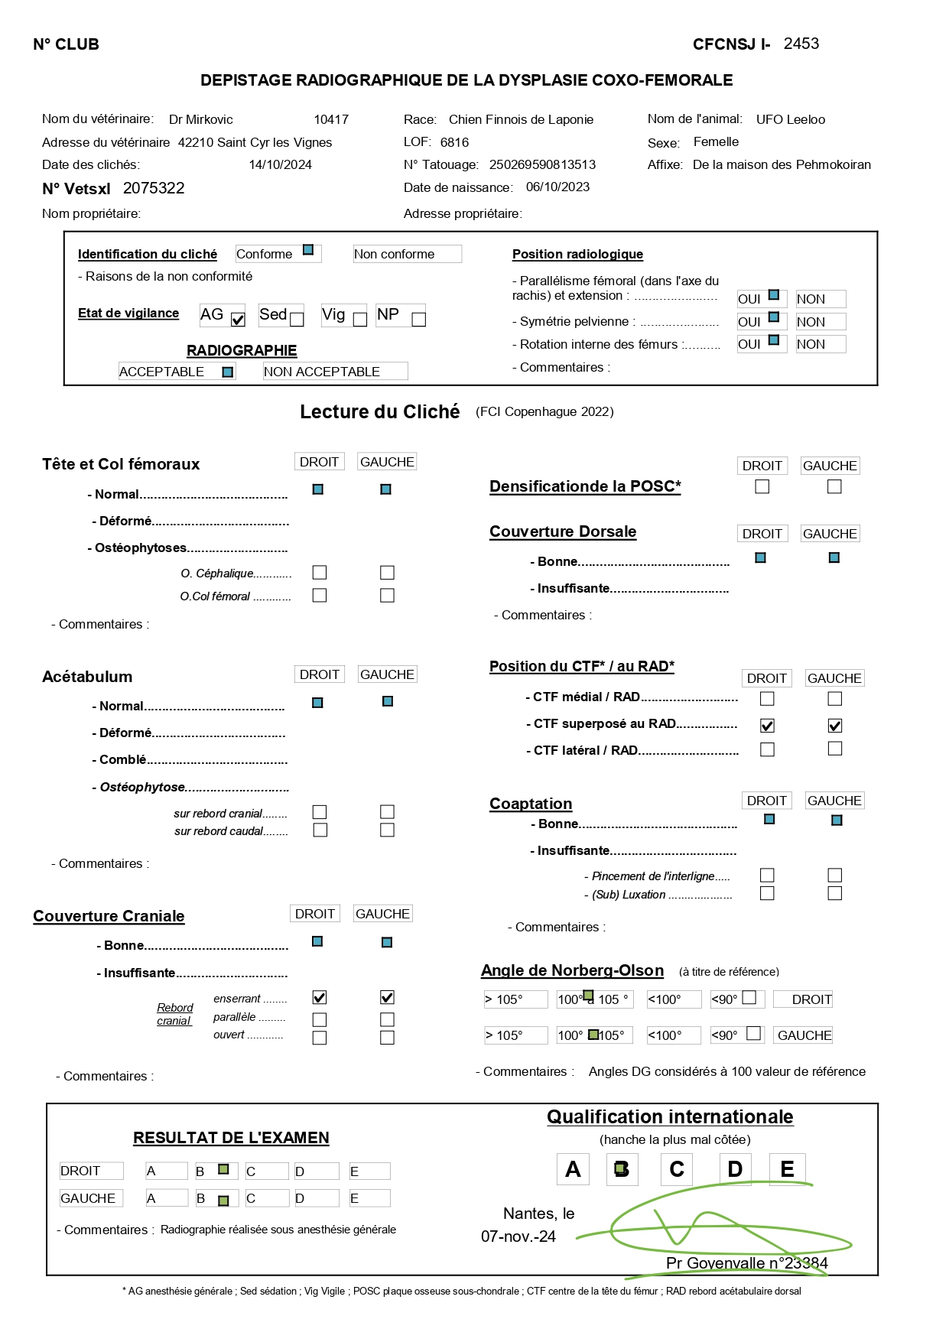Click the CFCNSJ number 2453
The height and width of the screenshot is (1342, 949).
[x=801, y=44]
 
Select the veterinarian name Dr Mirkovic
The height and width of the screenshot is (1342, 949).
[x=200, y=119]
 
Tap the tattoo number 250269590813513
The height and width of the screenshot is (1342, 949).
[x=542, y=164]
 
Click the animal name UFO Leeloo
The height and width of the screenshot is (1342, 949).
[x=790, y=119]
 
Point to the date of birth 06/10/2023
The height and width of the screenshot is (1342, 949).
[x=557, y=187]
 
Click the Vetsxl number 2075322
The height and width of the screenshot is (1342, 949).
[x=154, y=188]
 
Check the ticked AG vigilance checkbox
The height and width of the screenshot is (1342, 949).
[x=238, y=320]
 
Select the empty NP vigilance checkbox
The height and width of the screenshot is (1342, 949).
[x=418, y=320]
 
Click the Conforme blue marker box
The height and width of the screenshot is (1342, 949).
[x=308, y=250]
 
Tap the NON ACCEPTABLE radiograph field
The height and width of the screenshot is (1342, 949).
[x=334, y=372]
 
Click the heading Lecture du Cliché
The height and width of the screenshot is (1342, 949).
[x=379, y=411]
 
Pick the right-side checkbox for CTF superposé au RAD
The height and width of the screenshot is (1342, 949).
[x=767, y=725]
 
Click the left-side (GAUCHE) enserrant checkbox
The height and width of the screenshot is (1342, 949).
[x=387, y=997]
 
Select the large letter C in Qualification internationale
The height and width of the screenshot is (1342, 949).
[x=676, y=1169]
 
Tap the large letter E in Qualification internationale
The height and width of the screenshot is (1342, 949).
[x=787, y=1169]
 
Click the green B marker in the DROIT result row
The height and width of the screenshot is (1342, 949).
[x=223, y=1169]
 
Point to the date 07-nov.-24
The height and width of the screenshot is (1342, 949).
[x=518, y=1236]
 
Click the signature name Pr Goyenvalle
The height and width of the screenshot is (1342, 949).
[x=715, y=1262]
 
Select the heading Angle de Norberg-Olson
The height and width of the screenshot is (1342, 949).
[x=572, y=970]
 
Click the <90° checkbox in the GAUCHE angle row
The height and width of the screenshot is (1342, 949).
[x=753, y=1034]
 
